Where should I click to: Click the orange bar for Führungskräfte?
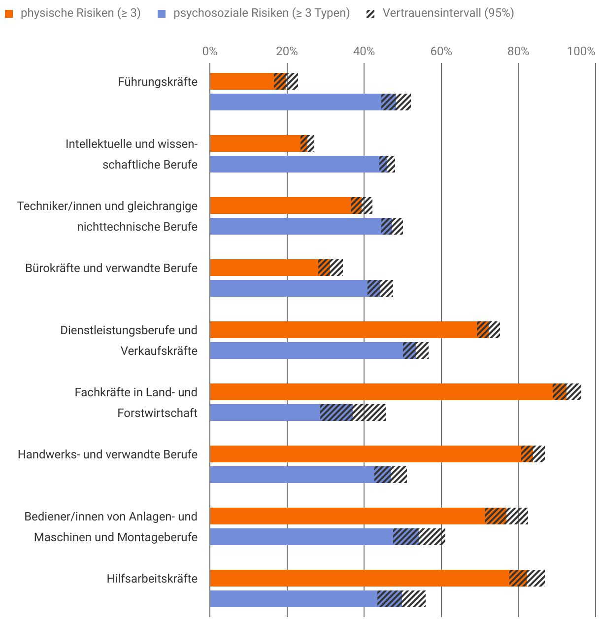[x=241, y=81]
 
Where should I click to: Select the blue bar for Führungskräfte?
[x=296, y=102]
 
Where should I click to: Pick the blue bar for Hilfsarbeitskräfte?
[x=293, y=599]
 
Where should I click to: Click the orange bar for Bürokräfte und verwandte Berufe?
[x=264, y=268]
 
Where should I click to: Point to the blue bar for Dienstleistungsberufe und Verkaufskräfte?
[x=306, y=350]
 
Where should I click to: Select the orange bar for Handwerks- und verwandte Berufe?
[x=365, y=454]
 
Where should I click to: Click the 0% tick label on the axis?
[x=210, y=51]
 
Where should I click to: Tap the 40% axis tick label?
[x=364, y=51]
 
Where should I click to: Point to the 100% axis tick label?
[x=581, y=51]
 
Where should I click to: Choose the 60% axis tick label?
[x=441, y=51]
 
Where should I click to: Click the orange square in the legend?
[x=9, y=14]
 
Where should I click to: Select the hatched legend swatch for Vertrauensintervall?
[x=370, y=14]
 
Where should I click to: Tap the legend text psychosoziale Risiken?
[x=262, y=13]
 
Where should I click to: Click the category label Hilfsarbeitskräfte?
[x=152, y=578]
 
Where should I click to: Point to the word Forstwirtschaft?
[x=157, y=413]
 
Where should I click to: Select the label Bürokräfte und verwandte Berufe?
[x=111, y=268]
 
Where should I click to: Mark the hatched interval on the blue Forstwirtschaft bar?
[x=353, y=413]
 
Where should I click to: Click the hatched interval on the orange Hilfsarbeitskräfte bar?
[x=527, y=578]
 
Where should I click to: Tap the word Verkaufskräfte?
[x=159, y=350]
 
